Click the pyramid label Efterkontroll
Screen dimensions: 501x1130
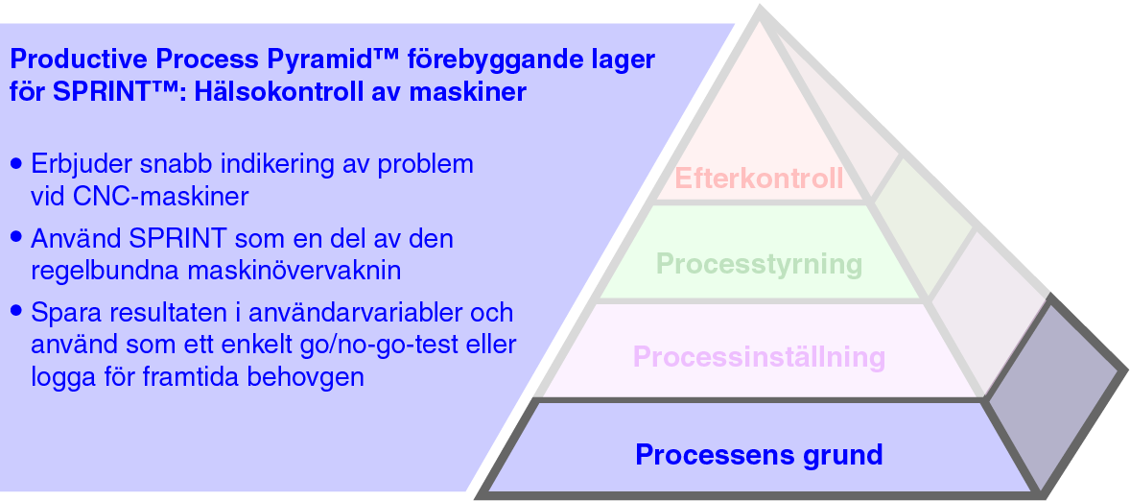tap(759, 179)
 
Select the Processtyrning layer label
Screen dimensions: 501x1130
tap(759, 263)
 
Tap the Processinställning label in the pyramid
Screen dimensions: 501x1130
tap(759, 357)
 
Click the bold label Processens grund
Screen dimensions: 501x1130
tap(759, 453)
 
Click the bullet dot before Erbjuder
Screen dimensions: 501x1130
tap(16, 164)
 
